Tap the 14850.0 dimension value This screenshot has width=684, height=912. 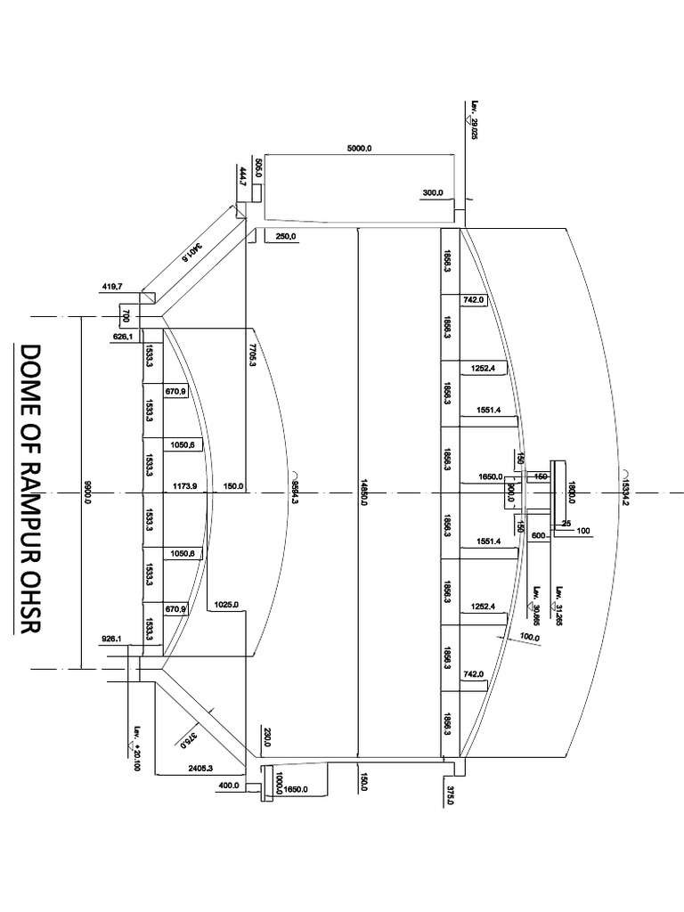(x=364, y=491)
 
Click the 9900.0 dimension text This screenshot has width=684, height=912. (x=87, y=491)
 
